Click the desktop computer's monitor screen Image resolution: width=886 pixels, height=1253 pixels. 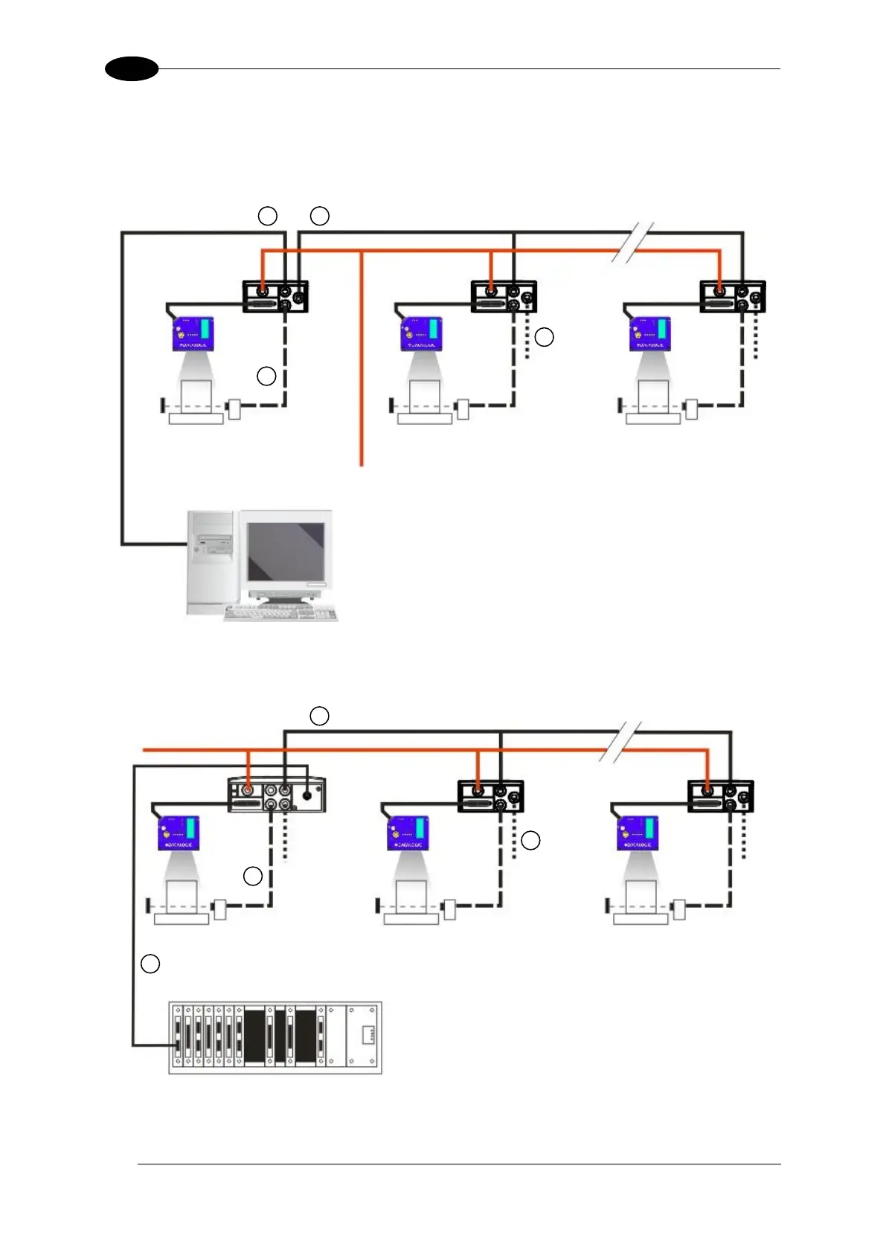tap(286, 551)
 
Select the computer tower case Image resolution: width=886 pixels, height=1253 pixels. tap(211, 562)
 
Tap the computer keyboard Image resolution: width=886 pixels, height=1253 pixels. tap(281, 613)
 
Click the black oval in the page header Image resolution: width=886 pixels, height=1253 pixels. tap(132, 69)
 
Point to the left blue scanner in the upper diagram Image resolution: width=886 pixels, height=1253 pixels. tap(193, 333)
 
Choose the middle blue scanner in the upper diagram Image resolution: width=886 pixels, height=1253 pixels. tap(422, 333)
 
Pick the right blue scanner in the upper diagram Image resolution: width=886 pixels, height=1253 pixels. tap(650, 333)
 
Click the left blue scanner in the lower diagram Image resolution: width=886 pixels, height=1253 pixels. tap(179, 833)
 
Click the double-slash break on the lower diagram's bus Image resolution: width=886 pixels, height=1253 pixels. tap(622, 740)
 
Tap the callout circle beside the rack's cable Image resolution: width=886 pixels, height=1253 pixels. tap(150, 964)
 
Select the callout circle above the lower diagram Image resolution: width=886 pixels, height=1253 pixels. tap(319, 716)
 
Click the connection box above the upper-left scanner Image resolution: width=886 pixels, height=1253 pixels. tap(275, 296)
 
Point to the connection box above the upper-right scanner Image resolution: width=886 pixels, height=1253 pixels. tap(732, 296)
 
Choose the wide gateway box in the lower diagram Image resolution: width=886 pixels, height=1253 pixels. tap(276, 795)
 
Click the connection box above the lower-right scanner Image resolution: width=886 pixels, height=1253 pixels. tap(720, 795)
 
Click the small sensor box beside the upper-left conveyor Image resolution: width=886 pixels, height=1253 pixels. tap(234, 408)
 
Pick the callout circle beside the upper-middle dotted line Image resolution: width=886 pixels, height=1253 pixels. tap(545, 336)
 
